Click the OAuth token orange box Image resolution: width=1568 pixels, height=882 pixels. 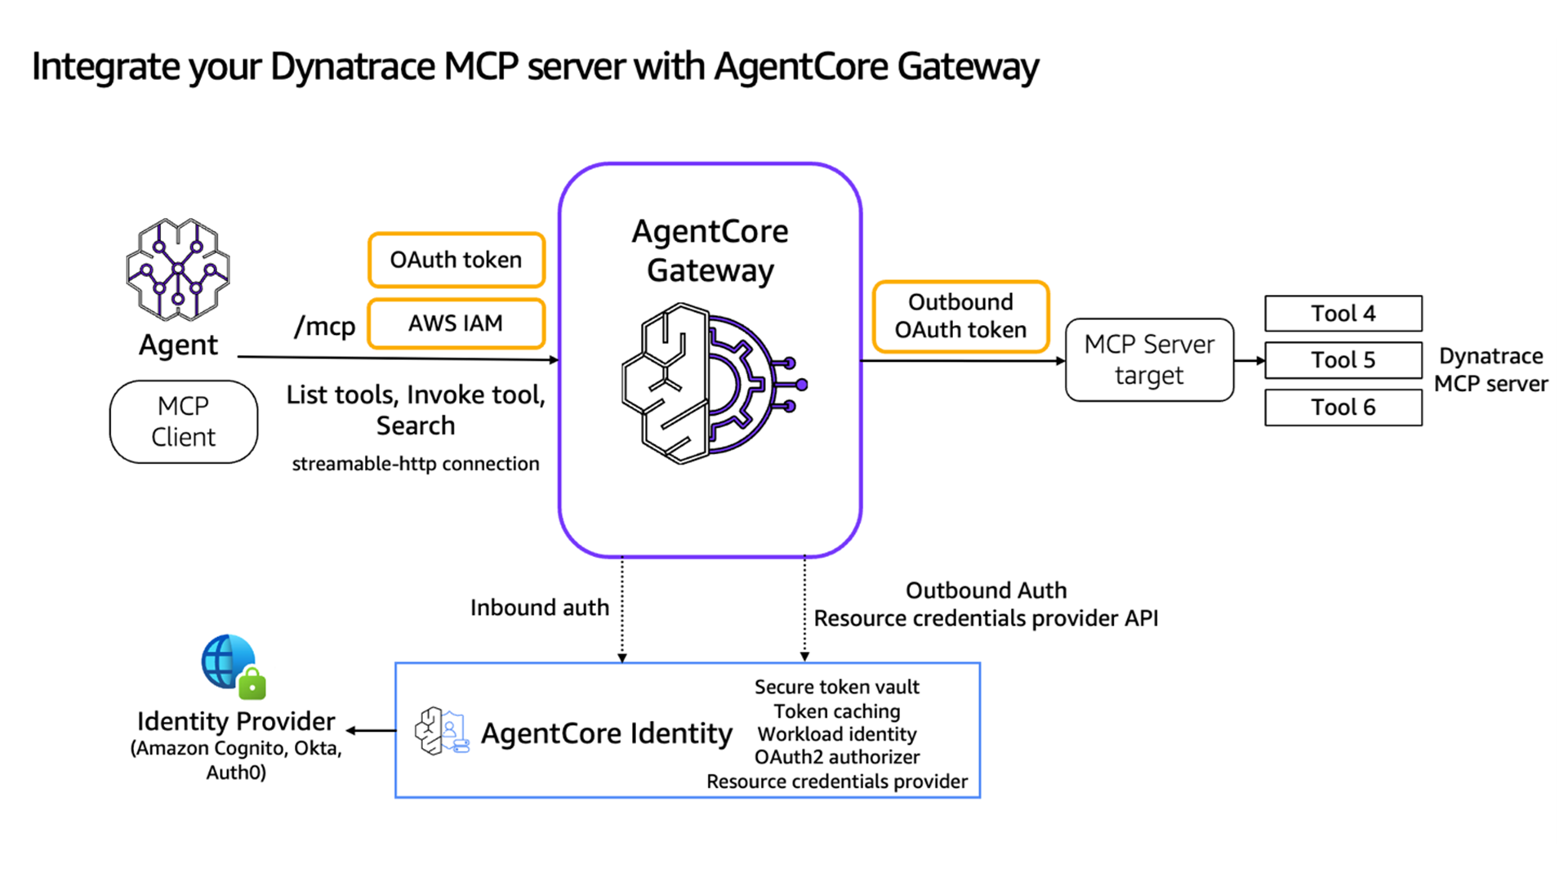(x=456, y=260)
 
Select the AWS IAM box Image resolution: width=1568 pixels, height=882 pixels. (x=456, y=323)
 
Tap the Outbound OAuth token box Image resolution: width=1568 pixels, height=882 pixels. (x=960, y=316)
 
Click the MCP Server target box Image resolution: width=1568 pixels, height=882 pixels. (x=1149, y=360)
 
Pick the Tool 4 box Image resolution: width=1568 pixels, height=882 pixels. (x=1343, y=314)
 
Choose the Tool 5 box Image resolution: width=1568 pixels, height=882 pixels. (x=1343, y=360)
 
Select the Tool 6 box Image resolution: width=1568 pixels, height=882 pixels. (x=1343, y=408)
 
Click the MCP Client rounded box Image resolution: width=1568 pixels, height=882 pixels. (x=184, y=421)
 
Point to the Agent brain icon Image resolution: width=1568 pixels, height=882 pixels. (x=178, y=269)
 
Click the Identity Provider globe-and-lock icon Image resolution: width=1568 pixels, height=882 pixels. (x=234, y=666)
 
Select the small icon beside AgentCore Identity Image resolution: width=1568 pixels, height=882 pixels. (x=441, y=732)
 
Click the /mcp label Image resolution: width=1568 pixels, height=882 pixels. (x=324, y=327)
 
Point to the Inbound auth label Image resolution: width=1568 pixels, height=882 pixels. (x=539, y=608)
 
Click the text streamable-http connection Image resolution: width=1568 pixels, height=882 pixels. (x=416, y=464)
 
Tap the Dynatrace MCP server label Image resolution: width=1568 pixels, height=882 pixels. (x=1490, y=369)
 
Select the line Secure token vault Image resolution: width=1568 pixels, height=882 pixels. (x=836, y=687)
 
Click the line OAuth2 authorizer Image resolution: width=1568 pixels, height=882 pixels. (x=836, y=757)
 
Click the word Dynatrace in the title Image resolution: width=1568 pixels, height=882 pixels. (x=353, y=67)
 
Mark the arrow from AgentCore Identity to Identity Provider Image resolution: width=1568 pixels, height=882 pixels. (x=372, y=731)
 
